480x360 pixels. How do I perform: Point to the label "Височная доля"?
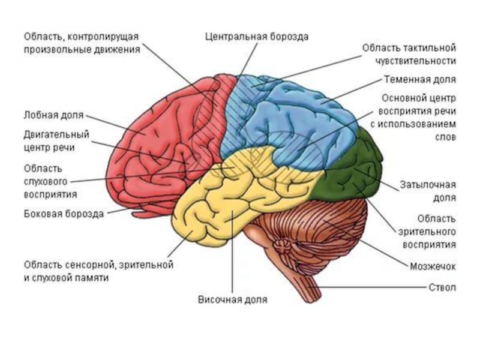pyautogui.click(x=233, y=298)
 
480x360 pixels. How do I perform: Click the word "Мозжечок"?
pyautogui.click(x=434, y=265)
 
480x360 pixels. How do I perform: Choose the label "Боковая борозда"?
pyautogui.click(x=64, y=213)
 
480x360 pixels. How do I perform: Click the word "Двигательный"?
pyautogui.click(x=56, y=134)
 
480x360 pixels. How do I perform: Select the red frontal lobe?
pyautogui.click(x=162, y=138)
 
